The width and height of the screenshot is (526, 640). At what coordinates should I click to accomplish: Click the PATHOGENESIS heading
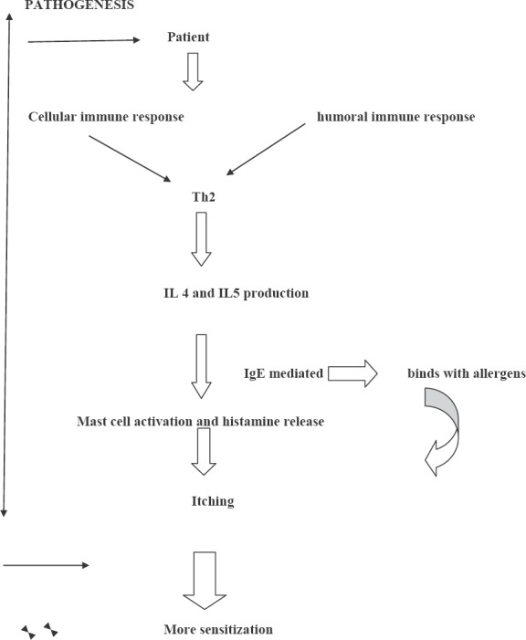click(x=79, y=5)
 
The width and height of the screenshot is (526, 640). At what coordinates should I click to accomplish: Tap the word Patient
click(x=188, y=37)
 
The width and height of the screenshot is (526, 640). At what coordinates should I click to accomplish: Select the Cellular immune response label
click(x=106, y=117)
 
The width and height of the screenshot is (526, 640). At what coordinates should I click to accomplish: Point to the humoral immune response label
click(x=395, y=117)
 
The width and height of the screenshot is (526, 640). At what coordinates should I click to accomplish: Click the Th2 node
click(x=204, y=197)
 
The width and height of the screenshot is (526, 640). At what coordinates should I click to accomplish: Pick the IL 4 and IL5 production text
click(x=236, y=293)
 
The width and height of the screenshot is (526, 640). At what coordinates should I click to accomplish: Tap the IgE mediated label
click(x=283, y=373)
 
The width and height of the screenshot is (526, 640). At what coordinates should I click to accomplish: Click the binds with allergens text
click(x=467, y=373)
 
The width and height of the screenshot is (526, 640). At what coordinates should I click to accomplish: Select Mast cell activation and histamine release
click(x=201, y=421)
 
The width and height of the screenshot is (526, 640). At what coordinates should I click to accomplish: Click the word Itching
click(x=213, y=501)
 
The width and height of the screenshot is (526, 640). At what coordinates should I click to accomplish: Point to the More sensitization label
click(x=218, y=629)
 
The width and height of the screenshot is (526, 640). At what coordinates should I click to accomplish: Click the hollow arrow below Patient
click(x=193, y=71)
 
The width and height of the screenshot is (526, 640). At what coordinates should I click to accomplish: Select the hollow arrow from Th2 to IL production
click(x=201, y=239)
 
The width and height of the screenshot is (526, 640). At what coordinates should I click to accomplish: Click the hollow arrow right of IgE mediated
click(x=352, y=373)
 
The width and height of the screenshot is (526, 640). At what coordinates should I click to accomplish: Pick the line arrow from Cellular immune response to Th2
click(x=130, y=158)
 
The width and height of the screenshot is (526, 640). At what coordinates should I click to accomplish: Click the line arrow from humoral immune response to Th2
click(x=266, y=150)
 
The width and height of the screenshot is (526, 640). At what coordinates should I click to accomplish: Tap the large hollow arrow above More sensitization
click(x=205, y=581)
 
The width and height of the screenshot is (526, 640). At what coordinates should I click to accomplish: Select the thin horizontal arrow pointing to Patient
click(x=84, y=40)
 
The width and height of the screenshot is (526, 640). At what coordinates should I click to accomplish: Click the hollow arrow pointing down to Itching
click(x=204, y=451)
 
